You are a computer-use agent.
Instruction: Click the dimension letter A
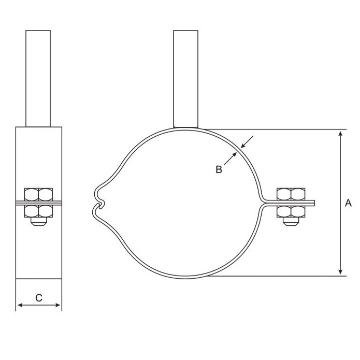[x=348, y=203]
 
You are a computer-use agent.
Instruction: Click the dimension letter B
[x=219, y=169]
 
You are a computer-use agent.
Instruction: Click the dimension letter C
[x=39, y=298]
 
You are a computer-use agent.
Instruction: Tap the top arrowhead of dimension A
[x=340, y=134]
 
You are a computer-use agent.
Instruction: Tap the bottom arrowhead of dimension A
[x=340, y=271]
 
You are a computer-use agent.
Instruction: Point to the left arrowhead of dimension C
[x=20, y=305]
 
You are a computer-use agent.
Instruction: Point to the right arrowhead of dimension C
[x=57, y=305]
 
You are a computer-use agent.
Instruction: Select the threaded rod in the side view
[x=38, y=79]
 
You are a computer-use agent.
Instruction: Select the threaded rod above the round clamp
[x=186, y=79]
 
